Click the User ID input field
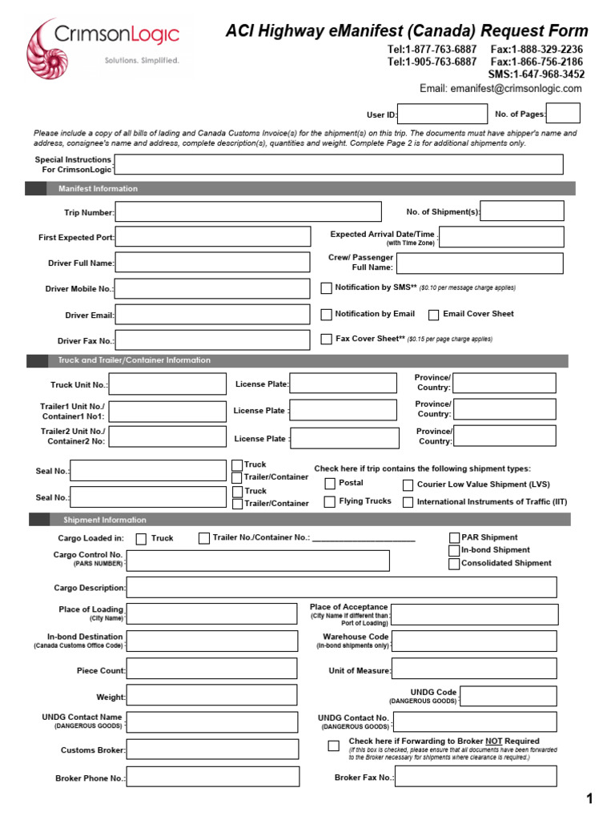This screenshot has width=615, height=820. [x=442, y=115]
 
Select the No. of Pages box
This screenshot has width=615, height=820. [x=563, y=114]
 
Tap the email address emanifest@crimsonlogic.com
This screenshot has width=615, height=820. [x=500, y=89]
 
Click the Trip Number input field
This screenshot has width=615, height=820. [x=248, y=212]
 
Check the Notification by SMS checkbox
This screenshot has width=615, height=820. [x=327, y=287]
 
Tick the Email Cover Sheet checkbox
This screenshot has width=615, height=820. [x=434, y=315]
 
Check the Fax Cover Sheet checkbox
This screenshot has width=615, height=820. [x=327, y=339]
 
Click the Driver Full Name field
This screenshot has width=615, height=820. [x=213, y=262]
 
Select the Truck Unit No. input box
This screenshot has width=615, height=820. [x=167, y=384]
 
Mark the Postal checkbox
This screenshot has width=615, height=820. [x=330, y=484]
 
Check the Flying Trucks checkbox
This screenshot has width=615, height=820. [x=330, y=502]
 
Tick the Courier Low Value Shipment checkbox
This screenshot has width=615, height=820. [x=408, y=484]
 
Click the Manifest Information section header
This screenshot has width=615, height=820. [x=98, y=189]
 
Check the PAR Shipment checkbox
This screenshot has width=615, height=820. [x=454, y=537]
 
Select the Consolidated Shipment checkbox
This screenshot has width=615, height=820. [x=454, y=564]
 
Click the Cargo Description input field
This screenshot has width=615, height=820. [x=341, y=588]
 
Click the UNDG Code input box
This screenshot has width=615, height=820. [x=509, y=697]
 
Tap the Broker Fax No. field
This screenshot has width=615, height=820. [x=476, y=777]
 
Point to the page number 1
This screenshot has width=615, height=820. [x=589, y=798]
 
